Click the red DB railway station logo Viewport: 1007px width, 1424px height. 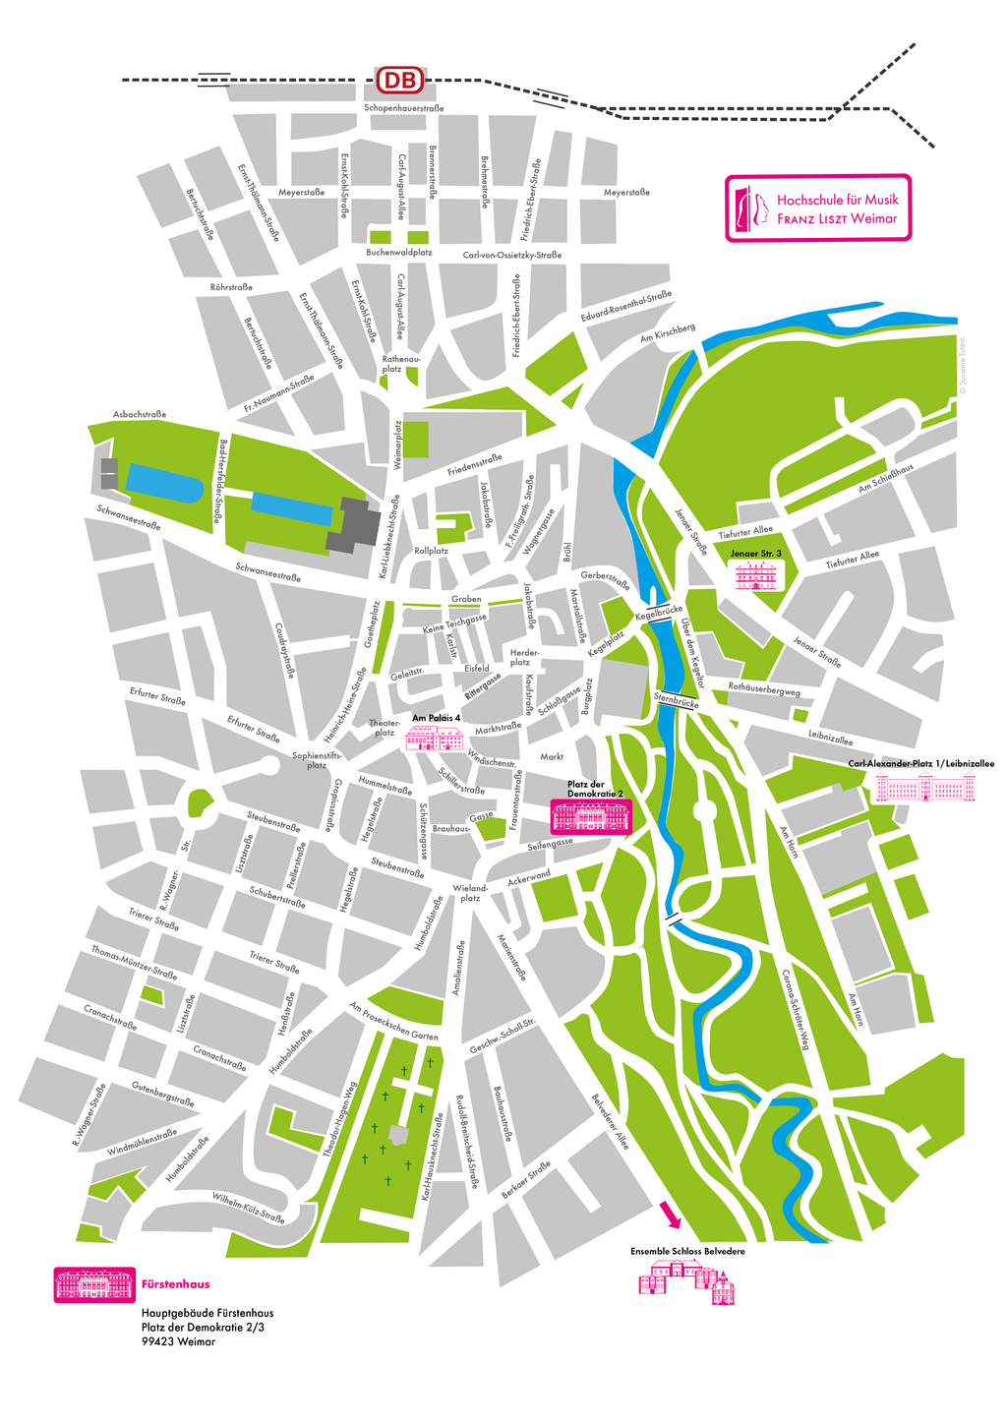401,81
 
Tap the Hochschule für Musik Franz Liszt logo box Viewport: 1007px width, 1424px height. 818,208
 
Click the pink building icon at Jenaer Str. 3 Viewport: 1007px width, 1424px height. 756,576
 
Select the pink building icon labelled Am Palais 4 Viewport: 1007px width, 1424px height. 436,739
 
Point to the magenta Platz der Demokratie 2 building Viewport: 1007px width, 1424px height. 590,816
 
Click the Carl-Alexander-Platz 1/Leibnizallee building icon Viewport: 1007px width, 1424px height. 926,787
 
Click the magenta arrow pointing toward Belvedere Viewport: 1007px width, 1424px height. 670,1215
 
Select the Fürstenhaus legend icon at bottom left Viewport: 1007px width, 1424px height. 94,1284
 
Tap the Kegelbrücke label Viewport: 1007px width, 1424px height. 659,614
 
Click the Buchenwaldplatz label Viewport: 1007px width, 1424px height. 399,253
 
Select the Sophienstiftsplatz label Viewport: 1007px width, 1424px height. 317,760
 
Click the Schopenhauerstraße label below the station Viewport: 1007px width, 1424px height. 403,108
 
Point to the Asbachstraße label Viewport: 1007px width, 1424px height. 140,415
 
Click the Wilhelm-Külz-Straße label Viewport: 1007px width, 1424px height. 249,1208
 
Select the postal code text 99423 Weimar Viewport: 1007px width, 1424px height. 178,1340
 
